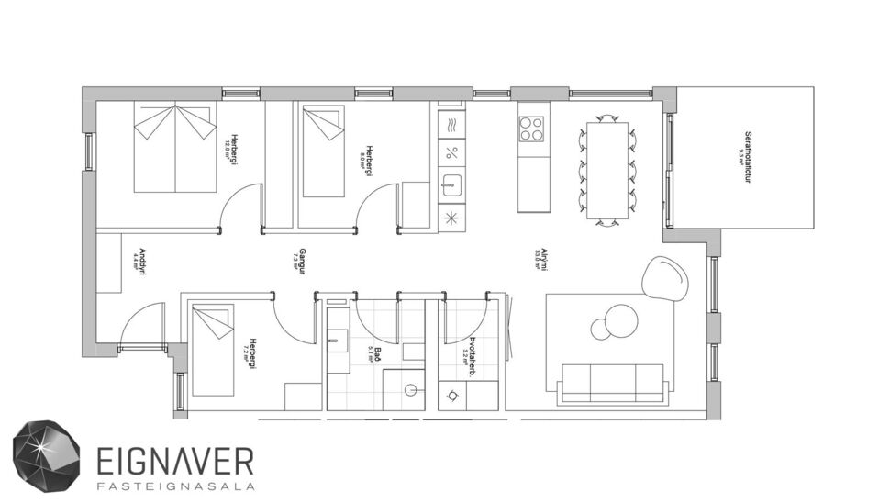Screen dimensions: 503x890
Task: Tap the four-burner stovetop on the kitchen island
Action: pos(533,128)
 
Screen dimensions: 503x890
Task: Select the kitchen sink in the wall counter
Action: pos(451,184)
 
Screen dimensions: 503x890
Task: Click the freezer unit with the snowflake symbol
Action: pos(451,218)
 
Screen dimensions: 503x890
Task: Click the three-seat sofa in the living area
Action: pos(612,382)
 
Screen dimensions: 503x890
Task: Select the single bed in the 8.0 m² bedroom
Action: pos(323,151)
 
